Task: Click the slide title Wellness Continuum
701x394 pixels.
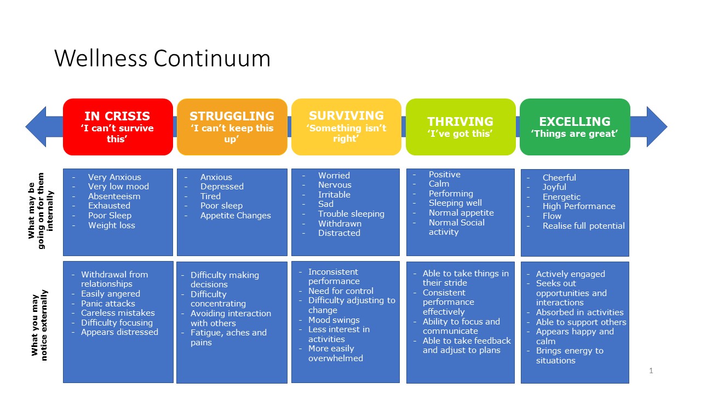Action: [x=162, y=59]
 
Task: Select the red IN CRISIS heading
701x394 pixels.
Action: [x=118, y=116]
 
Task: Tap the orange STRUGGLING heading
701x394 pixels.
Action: [x=232, y=116]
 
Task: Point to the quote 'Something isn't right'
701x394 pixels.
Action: [x=346, y=133]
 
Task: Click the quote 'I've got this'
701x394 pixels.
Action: [x=460, y=134]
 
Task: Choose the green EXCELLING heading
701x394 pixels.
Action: [x=574, y=121]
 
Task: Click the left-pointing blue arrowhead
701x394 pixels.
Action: [x=37, y=126]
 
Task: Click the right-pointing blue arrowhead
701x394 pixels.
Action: [x=656, y=126]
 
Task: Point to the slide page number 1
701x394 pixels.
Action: [x=651, y=370]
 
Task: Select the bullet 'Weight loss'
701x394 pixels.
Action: [x=111, y=225]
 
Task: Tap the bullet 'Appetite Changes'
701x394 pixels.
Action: [x=235, y=215]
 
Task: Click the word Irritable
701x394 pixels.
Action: [x=334, y=194]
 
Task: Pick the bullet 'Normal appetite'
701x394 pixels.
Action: [x=461, y=212]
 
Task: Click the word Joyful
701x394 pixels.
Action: [x=554, y=187]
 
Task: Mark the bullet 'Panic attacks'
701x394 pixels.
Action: [x=108, y=303]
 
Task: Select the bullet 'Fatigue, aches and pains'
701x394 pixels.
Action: [x=228, y=337]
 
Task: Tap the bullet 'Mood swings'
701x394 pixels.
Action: [x=334, y=320]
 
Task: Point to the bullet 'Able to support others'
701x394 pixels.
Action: [x=581, y=322]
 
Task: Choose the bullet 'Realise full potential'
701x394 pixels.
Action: [x=583, y=225]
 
